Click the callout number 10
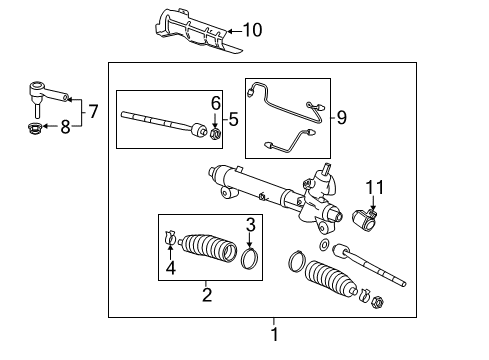pos(252,30)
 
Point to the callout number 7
pos(93,111)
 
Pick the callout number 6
pos(214,103)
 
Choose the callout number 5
pos(233,119)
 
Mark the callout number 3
pos(252,226)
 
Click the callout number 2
pos(207,294)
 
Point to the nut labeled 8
pos(35,128)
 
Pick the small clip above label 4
pos(169,238)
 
